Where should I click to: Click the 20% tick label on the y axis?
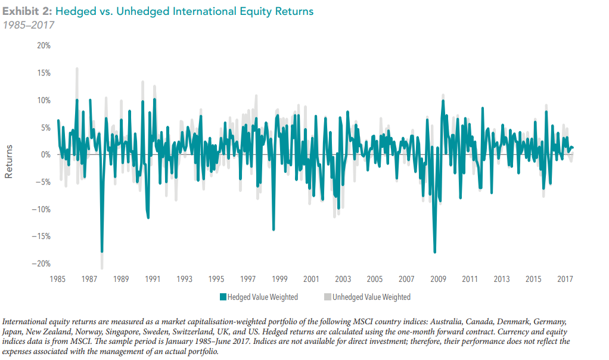(x=43, y=46)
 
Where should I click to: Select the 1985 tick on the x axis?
(x=58, y=279)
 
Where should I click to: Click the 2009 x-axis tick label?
(x=438, y=279)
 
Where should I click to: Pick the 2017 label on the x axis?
(x=565, y=279)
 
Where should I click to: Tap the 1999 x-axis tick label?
(x=279, y=279)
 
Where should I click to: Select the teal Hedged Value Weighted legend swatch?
(x=223, y=297)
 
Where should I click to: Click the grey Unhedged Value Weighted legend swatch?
(x=328, y=297)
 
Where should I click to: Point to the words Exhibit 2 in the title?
(x=26, y=11)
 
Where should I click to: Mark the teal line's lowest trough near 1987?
(x=102, y=252)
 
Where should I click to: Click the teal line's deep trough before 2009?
(x=434, y=252)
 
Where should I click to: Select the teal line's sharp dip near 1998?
(x=274, y=229)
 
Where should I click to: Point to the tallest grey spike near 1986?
(x=77, y=68)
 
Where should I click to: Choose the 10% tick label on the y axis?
(x=43, y=100)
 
